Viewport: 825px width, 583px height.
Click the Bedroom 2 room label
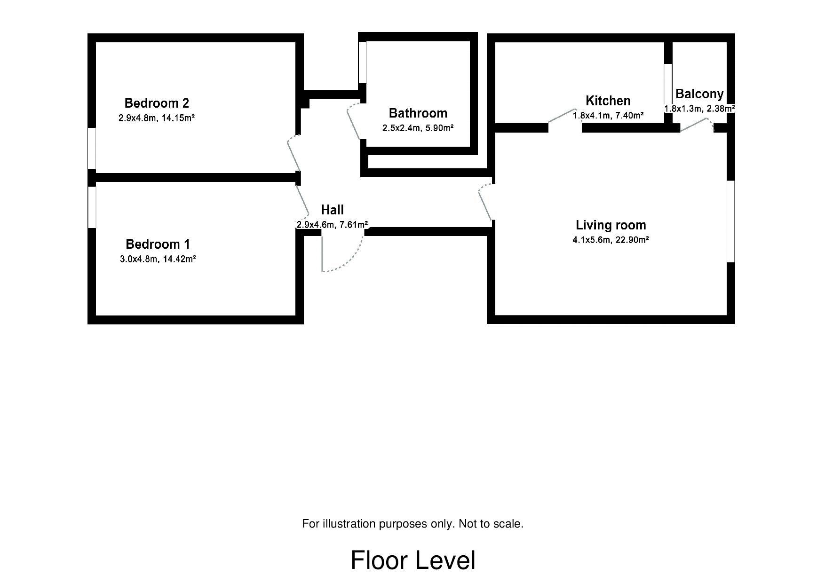(x=157, y=103)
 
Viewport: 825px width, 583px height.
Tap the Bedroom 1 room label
(x=158, y=244)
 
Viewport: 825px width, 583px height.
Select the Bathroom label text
(x=418, y=113)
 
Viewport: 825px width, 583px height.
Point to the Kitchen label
(x=608, y=101)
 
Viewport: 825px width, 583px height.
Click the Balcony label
(x=699, y=94)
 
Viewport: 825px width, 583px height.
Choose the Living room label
(x=611, y=225)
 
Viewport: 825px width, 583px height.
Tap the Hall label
(x=333, y=210)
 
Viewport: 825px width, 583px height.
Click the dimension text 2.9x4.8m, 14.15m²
(x=157, y=118)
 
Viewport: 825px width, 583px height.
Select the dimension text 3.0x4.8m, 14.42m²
(x=158, y=259)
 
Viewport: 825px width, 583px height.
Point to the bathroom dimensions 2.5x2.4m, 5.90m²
(x=418, y=128)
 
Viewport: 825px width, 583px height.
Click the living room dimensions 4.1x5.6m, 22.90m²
(x=611, y=240)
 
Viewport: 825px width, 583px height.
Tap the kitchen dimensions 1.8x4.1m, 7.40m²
(x=608, y=115)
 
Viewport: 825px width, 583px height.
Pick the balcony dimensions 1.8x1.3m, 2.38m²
(x=699, y=109)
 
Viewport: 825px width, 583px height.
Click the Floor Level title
(x=413, y=560)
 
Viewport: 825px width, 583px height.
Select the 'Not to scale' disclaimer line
(x=413, y=524)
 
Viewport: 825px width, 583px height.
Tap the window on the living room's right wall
(x=731, y=221)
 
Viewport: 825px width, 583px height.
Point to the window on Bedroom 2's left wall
(x=92, y=148)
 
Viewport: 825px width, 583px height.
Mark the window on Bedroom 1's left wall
(x=92, y=207)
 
